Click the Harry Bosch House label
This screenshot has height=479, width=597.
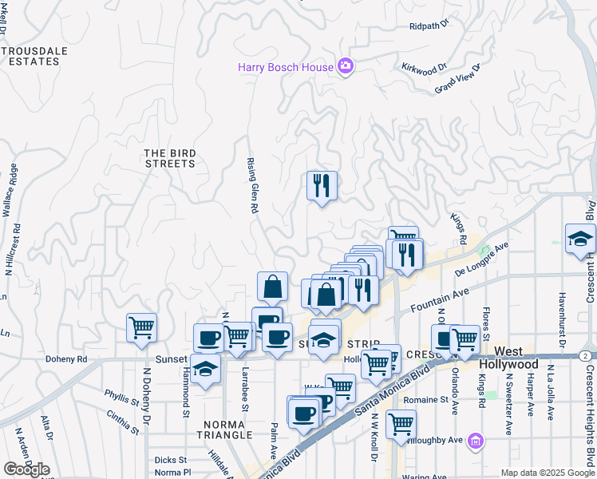[x=285, y=67]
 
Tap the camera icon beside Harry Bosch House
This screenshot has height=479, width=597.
[x=346, y=67]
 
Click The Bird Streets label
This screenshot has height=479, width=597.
[x=169, y=158]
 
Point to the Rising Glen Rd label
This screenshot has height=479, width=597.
[x=252, y=184]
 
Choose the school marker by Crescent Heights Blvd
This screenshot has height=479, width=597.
[x=580, y=239]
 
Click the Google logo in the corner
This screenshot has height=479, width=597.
[x=26, y=469]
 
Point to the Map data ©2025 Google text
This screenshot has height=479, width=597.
[x=547, y=473]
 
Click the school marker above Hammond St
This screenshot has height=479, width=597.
[x=205, y=370]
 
